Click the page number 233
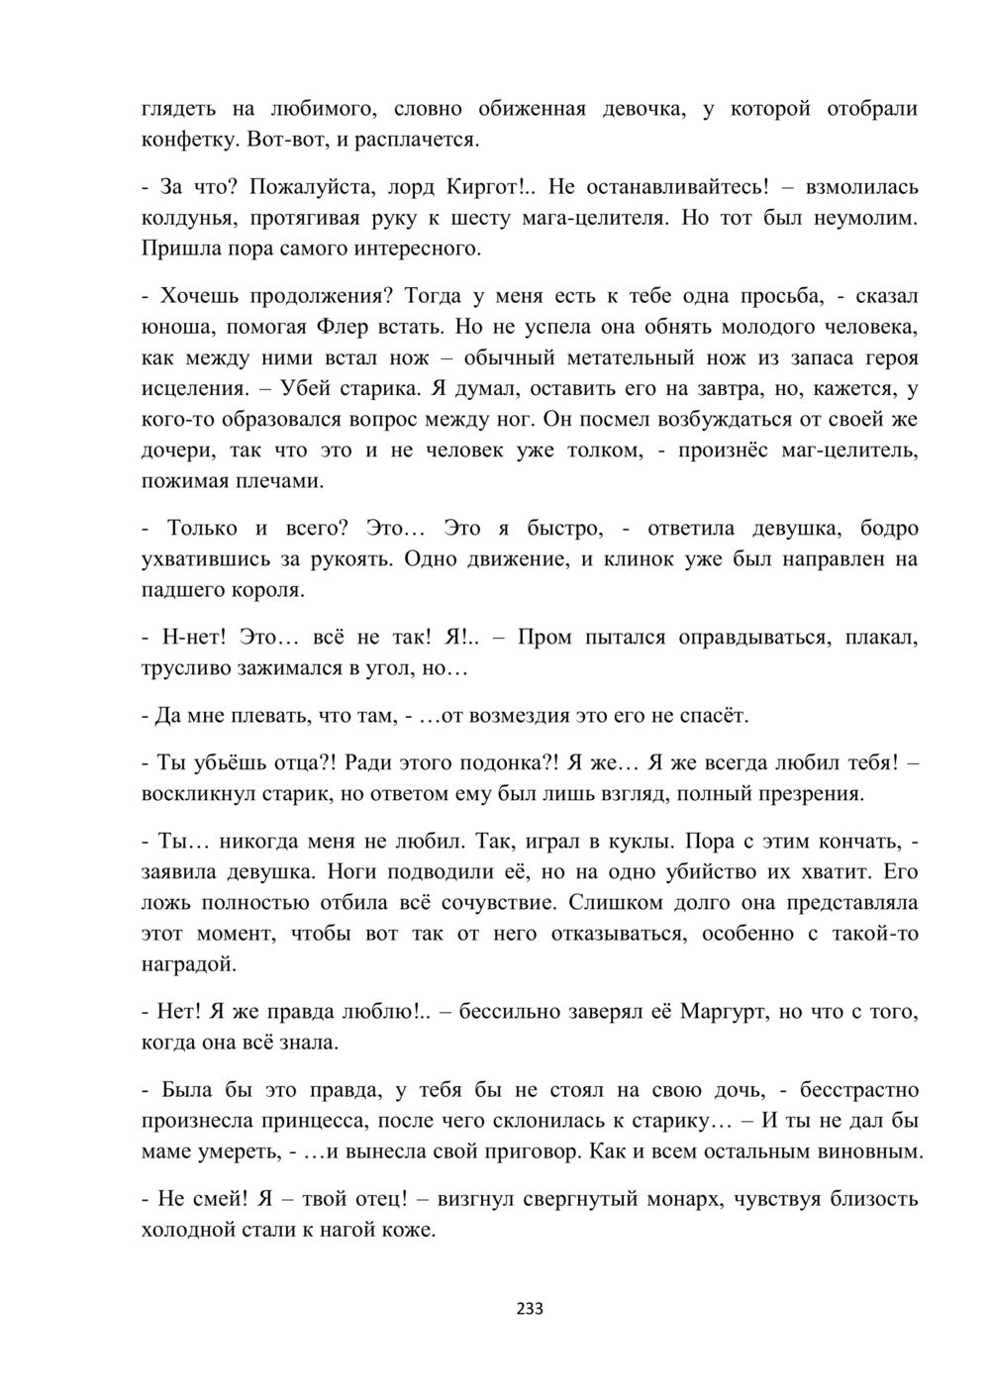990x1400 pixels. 530,1308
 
